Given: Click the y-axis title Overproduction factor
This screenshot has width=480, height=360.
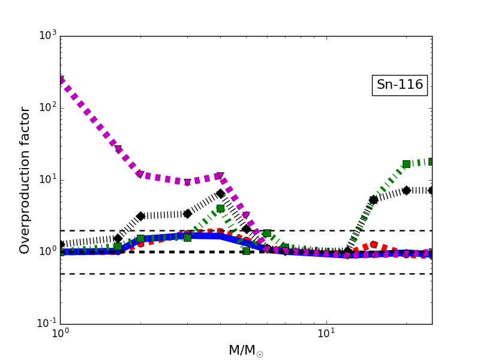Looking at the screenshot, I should (25, 180).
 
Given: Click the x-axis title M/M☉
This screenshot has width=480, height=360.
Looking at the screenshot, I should (245, 350).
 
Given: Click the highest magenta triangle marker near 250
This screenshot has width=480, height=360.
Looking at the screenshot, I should (61, 80).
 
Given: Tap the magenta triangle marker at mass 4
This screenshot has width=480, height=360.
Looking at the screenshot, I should (220, 176).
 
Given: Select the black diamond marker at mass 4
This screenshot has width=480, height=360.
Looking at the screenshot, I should (220, 193).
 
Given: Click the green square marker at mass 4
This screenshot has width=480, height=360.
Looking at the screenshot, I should (220, 208).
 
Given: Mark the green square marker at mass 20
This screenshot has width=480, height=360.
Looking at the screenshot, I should (406, 164).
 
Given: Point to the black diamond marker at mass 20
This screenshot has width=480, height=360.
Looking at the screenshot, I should (406, 190).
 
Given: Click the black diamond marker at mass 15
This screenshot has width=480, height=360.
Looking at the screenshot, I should (373, 200).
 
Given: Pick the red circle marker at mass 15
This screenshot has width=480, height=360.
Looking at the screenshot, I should (373, 245).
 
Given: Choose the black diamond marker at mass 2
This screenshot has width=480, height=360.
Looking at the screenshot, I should (140, 216).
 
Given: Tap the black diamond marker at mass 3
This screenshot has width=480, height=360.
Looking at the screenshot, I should (187, 214).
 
